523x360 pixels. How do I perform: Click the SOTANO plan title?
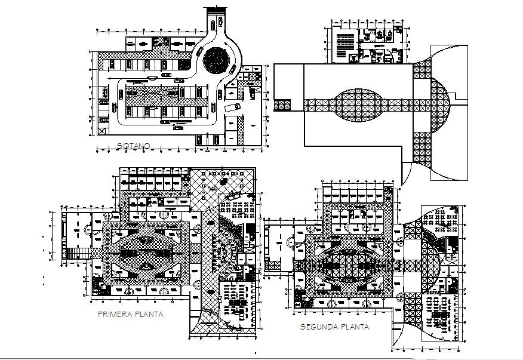tap(133, 146)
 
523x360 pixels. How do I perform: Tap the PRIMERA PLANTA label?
tap(130, 314)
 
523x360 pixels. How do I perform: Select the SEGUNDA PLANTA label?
tap(334, 327)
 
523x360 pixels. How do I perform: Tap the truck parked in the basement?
tap(232, 107)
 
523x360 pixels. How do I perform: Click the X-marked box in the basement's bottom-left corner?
tap(101, 130)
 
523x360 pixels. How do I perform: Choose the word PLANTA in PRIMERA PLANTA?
tap(149, 314)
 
